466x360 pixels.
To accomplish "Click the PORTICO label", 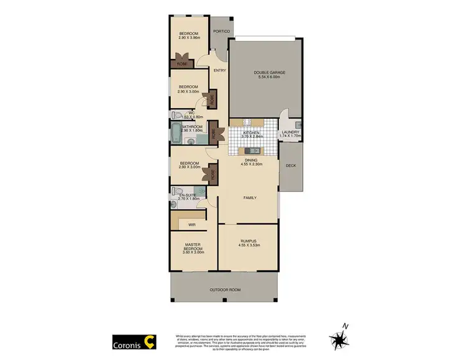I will pos(221,31).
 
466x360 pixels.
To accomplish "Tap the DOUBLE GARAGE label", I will pos(269,73).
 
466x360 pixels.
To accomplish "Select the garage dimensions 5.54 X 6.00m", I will pos(269,78).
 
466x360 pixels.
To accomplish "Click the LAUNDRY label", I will pos(290,132).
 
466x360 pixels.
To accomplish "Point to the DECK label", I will pos(290,166).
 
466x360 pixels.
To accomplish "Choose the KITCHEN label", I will pos(251,132).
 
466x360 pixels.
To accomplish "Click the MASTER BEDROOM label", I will pos(192,246).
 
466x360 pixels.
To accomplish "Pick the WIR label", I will pos(192,224).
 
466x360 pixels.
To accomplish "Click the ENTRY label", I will pos(219,70).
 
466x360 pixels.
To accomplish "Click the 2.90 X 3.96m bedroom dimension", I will pos(188,38).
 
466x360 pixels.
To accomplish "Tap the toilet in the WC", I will pos(176,115).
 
